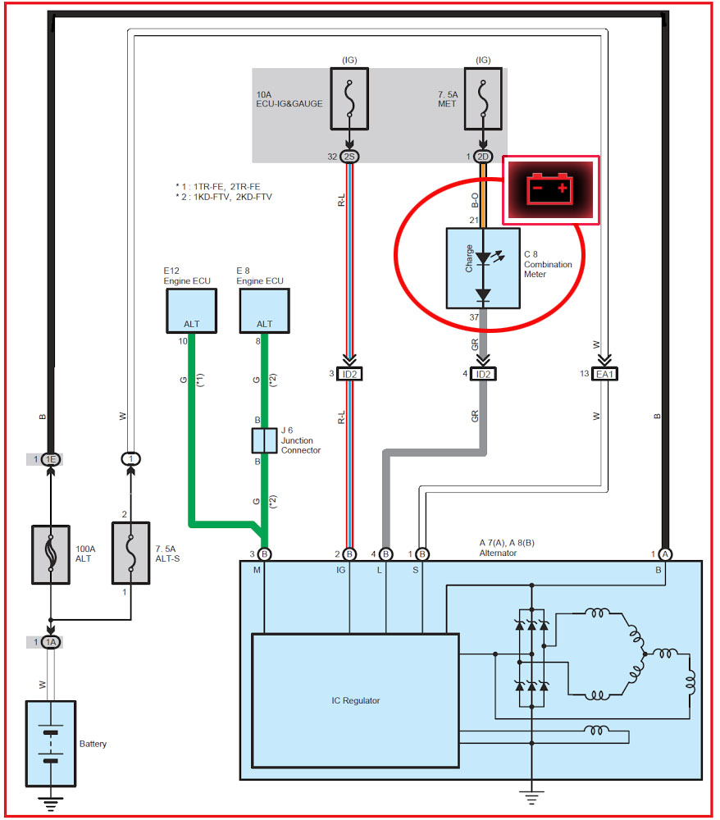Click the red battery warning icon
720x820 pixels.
pos(550,189)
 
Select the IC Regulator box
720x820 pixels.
pos(354,699)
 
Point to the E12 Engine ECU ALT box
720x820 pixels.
pos(191,311)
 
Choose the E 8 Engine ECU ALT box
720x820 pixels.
pos(263,311)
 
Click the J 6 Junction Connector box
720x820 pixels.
pos(263,440)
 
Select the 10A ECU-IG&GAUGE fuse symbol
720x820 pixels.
pos(349,98)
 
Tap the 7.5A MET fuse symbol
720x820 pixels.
pos(483,98)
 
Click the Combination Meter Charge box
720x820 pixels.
pos(481,268)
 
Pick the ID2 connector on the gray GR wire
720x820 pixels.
pos(482,374)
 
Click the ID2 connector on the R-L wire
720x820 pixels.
pos(349,374)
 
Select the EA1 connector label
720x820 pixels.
pos(606,374)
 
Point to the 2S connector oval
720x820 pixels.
pos(349,156)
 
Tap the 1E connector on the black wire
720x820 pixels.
pos(51,458)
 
